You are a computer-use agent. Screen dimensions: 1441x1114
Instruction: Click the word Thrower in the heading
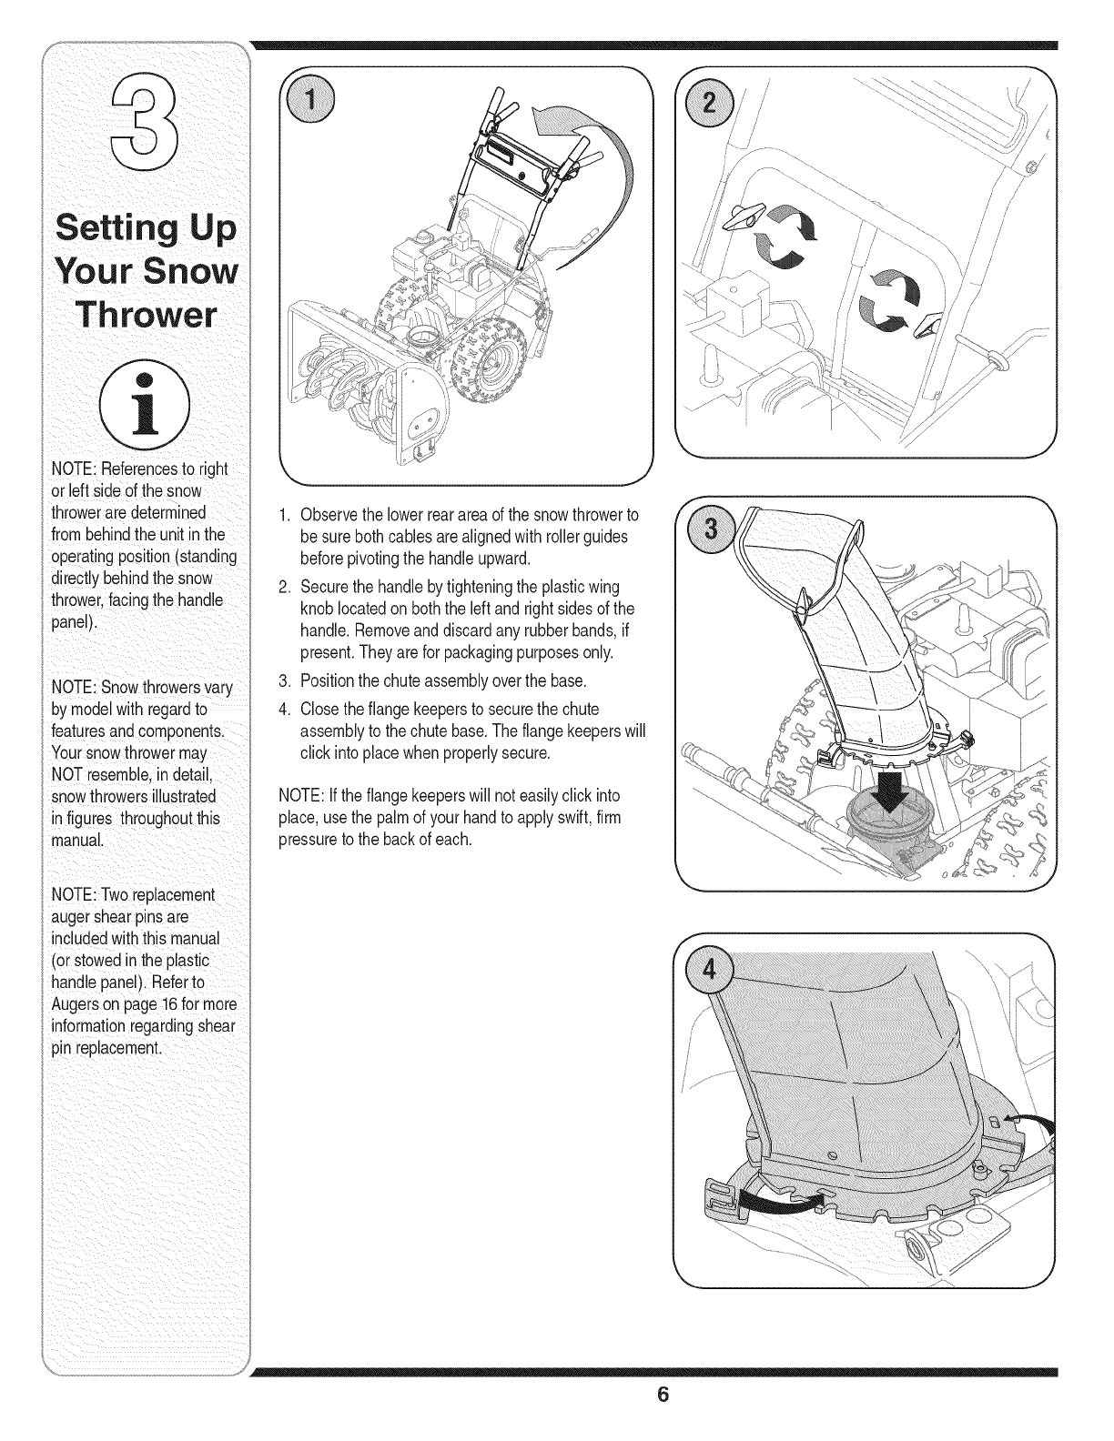147,312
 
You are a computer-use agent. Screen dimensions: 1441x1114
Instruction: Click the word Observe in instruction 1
327,516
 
